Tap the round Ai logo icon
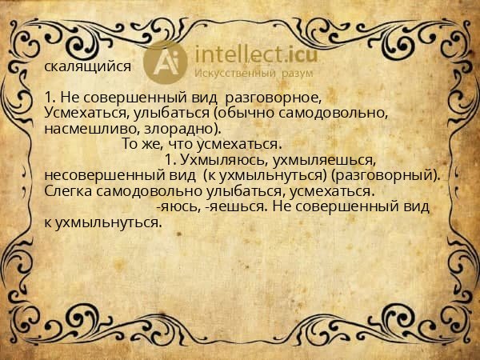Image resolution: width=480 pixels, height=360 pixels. tap(166, 61)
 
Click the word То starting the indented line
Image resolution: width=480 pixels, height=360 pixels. tap(130, 145)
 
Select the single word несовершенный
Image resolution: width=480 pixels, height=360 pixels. tap(100, 175)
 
